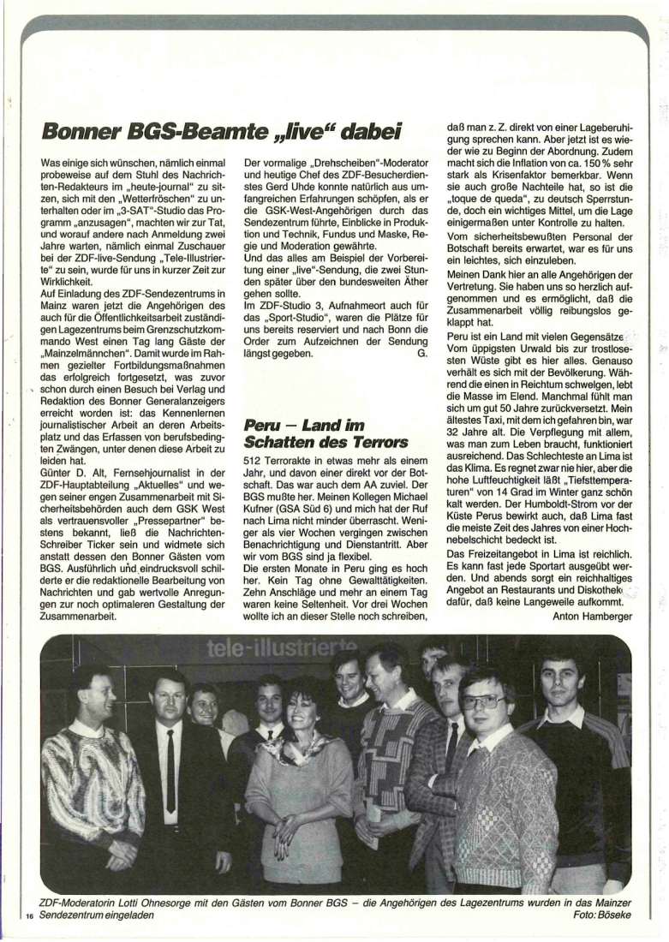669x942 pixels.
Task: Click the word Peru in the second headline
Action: (x=262, y=425)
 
